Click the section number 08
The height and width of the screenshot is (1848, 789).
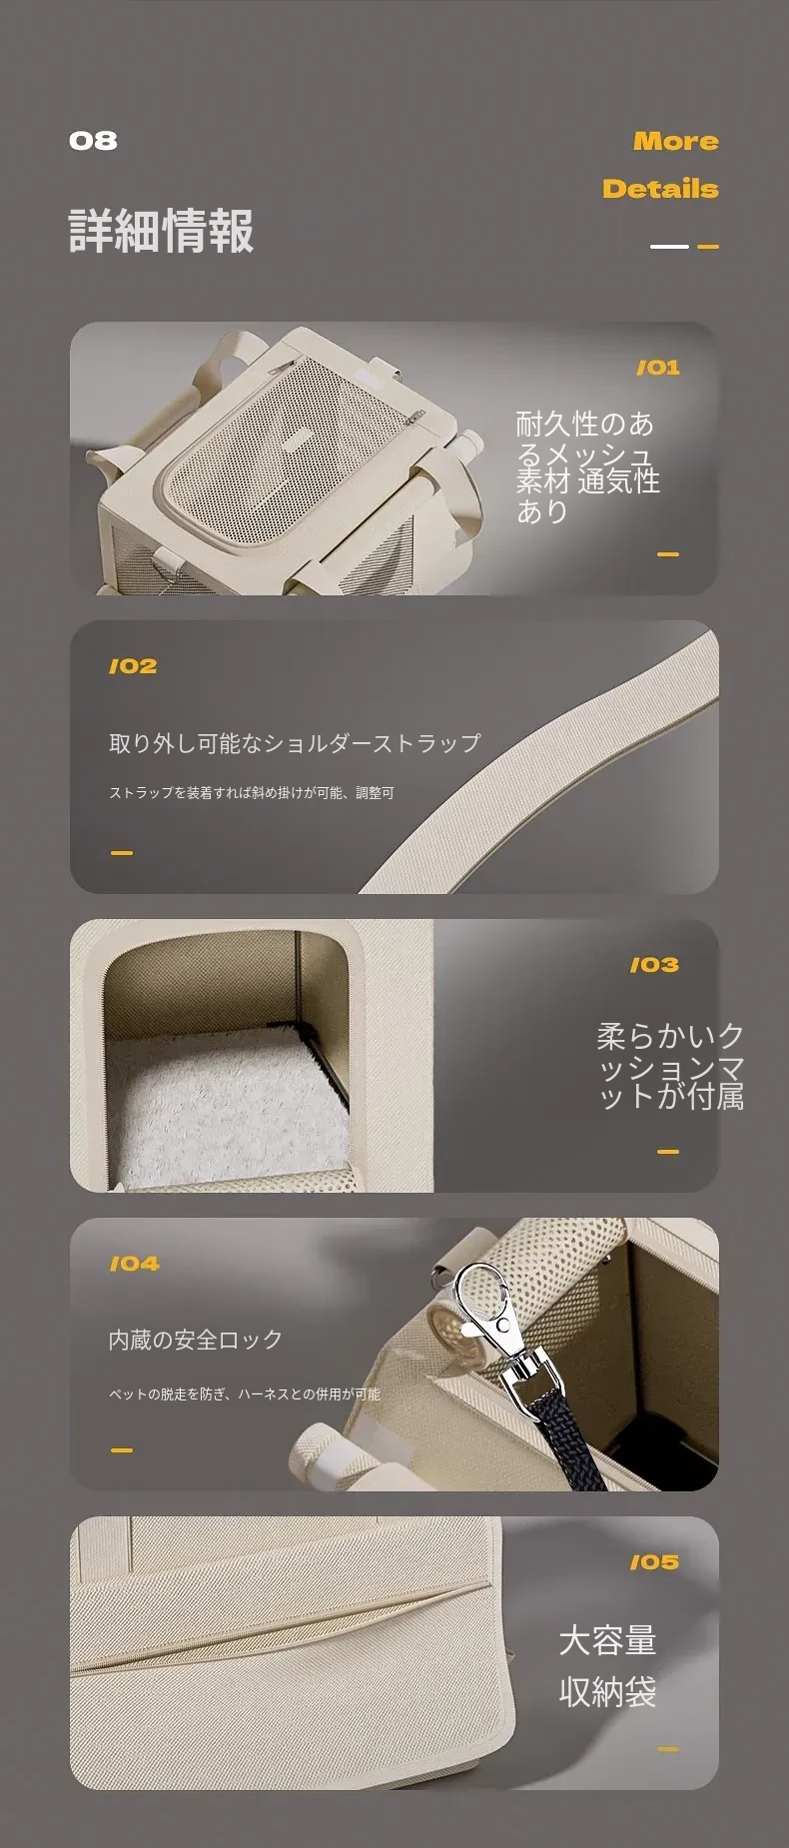[93, 141]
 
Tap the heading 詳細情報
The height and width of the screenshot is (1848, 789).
[162, 231]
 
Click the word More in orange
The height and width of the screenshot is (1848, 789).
[676, 142]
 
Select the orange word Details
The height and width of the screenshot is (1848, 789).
[660, 189]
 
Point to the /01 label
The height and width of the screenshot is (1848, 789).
[658, 368]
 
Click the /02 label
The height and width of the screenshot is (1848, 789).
[133, 666]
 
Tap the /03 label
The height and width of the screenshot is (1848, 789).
[654, 965]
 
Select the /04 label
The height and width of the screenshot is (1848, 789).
[134, 1264]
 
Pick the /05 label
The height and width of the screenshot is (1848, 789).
[654, 1562]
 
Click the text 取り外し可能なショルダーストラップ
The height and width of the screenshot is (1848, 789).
[295, 743]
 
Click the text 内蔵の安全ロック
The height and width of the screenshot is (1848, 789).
[196, 1340]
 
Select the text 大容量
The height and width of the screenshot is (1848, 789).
[607, 1640]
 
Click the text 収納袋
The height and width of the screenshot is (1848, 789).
[607, 1692]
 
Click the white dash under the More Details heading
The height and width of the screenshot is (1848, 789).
[669, 247]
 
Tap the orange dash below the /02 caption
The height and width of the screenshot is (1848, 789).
[122, 853]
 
